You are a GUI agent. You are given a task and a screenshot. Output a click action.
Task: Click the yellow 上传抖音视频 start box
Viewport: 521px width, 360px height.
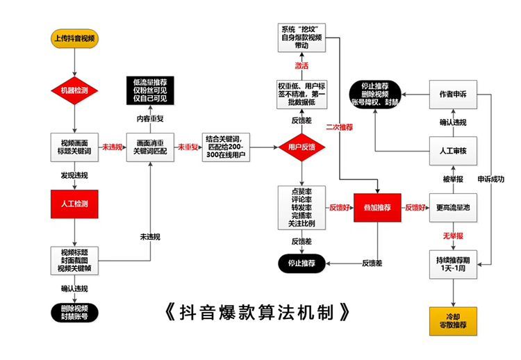click(x=74, y=38)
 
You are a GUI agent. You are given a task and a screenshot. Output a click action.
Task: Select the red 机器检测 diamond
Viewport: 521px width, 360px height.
click(x=74, y=90)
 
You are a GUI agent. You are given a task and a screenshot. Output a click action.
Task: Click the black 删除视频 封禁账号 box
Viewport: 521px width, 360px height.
click(x=74, y=311)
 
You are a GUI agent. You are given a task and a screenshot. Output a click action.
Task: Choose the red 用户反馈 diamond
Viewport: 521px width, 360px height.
click(x=301, y=147)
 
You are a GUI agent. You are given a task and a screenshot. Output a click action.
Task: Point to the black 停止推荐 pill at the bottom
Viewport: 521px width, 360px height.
click(x=301, y=263)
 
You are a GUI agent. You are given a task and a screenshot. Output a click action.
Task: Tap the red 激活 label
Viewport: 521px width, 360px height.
click(x=301, y=66)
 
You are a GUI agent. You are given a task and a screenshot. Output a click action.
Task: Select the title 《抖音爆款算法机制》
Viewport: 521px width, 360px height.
click(x=258, y=311)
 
